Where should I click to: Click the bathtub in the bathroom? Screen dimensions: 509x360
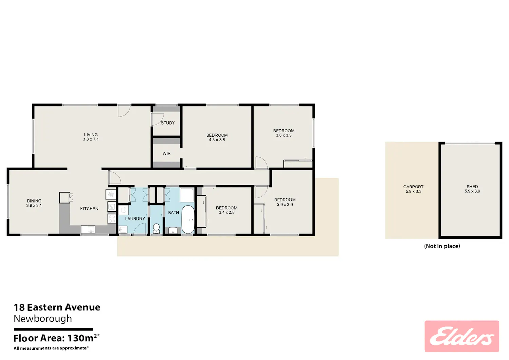[x=188, y=220]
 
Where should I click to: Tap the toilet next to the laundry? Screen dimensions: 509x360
[x=156, y=228]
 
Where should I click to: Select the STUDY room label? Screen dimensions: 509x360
[x=168, y=123]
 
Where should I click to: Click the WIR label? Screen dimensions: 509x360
[x=166, y=153]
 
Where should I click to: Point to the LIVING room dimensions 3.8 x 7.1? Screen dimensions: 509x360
[x=91, y=139]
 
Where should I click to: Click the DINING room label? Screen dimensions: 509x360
[x=34, y=201]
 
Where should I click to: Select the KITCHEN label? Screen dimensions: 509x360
[x=89, y=209]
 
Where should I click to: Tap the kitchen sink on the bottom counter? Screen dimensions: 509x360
[x=88, y=230]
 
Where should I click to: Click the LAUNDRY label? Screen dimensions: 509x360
[x=135, y=219]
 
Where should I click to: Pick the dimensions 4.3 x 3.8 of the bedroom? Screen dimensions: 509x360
[x=217, y=140]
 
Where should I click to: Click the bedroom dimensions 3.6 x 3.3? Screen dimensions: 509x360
[x=284, y=135]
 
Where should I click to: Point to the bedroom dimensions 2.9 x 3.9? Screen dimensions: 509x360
[x=285, y=205]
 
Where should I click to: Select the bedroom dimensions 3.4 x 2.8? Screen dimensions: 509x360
[x=227, y=212]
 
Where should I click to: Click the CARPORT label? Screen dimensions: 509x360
[x=414, y=187]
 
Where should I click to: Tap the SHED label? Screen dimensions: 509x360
[x=472, y=187]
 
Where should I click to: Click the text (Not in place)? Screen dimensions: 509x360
[x=442, y=246]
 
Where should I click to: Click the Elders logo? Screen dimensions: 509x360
[x=462, y=336]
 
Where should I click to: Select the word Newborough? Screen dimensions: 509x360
[x=43, y=319]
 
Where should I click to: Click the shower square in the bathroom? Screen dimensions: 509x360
[x=187, y=194]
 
